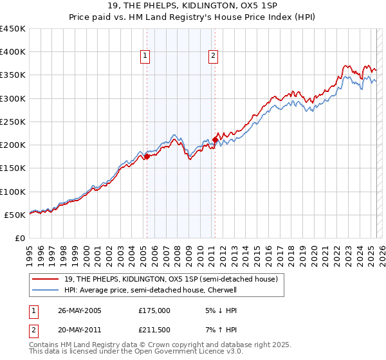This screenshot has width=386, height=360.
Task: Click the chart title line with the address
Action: tap(193, 6)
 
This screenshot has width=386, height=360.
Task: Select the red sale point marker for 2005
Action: tap(147, 156)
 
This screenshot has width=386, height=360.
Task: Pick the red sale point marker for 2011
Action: tap(215, 139)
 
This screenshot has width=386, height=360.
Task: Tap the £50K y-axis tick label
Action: tap(15, 215)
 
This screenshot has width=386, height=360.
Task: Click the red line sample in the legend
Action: tap(46, 279)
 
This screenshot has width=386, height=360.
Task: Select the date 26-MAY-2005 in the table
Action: tap(80, 310)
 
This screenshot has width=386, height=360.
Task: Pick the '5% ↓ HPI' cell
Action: tap(220, 310)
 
